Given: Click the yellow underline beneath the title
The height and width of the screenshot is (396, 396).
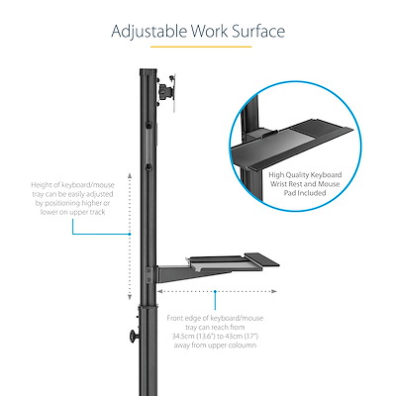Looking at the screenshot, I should point(198,47).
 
